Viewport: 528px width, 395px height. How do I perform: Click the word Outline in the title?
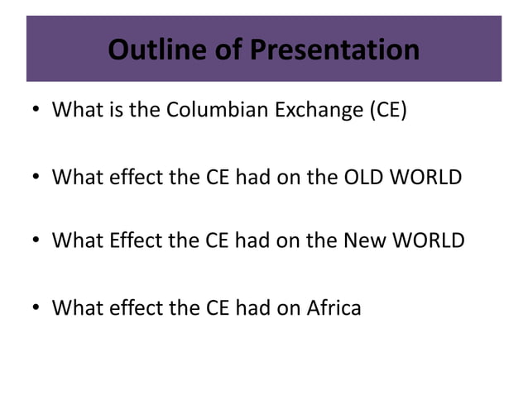[x=156, y=51]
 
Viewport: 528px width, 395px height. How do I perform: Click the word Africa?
[x=332, y=308]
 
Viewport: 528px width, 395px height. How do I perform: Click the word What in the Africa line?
[x=75, y=308]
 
